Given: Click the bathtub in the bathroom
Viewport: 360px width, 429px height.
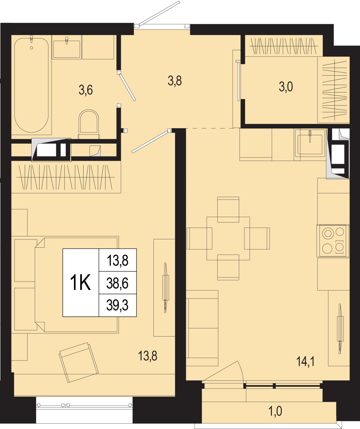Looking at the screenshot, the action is pyautogui.click(x=31, y=85).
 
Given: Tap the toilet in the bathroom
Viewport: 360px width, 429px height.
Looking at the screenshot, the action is pyautogui.click(x=89, y=124).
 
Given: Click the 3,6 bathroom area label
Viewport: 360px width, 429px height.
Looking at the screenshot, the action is pyautogui.click(x=85, y=90).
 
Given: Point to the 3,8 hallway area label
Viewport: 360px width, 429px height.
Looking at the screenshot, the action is pyautogui.click(x=175, y=81).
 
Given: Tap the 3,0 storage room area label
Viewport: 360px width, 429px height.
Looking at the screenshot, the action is pyautogui.click(x=286, y=87).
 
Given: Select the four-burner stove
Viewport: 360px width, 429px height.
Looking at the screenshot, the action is pyautogui.click(x=333, y=240).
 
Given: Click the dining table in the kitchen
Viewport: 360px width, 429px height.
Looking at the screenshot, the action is pyautogui.click(x=228, y=238).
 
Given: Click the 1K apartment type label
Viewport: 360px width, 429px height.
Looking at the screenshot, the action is pyautogui.click(x=80, y=282).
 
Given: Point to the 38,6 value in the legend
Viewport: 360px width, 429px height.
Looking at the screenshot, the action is pyautogui.click(x=118, y=283).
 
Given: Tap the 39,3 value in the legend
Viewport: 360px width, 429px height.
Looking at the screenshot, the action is pyautogui.click(x=118, y=305).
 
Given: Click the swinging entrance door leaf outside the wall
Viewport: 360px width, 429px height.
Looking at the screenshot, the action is pyautogui.click(x=159, y=13).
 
